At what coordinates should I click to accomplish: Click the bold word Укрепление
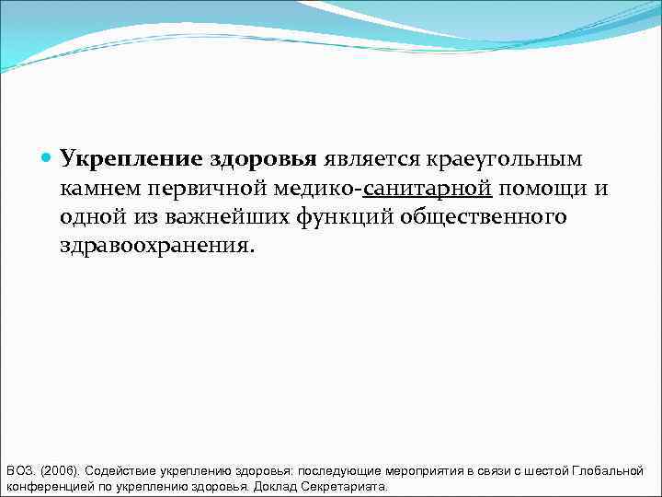click(x=130, y=159)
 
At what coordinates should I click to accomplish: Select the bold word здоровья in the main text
click(x=263, y=159)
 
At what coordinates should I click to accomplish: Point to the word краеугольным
click(x=502, y=159)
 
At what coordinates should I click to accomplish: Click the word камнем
click(x=102, y=189)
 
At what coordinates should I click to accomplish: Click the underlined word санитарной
click(x=428, y=189)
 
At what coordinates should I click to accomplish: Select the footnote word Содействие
click(x=120, y=471)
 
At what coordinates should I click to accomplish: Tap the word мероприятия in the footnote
click(x=423, y=471)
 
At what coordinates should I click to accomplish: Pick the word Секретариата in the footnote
click(x=345, y=487)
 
